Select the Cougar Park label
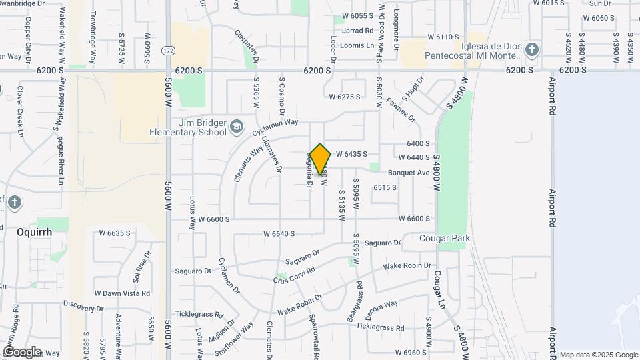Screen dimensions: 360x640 coord(445,238)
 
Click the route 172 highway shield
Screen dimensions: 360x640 coord(169,51)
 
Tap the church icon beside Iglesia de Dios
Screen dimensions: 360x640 coord(531,49)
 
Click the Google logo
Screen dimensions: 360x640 coord(21,352)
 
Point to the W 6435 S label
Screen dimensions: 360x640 coord(361,154)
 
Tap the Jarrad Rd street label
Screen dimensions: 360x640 coord(358,31)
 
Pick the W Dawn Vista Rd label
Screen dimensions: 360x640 coord(122,293)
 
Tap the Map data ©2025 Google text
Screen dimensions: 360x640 coord(599,355)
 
